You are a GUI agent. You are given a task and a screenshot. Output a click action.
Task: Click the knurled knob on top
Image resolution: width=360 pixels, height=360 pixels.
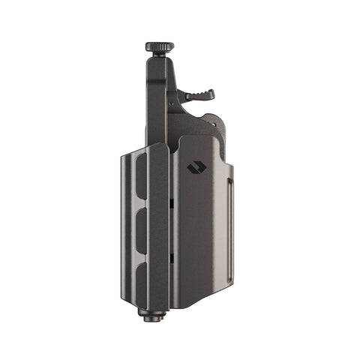(x=159, y=46)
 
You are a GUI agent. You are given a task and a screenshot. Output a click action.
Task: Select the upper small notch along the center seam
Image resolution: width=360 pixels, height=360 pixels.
(x=172, y=202)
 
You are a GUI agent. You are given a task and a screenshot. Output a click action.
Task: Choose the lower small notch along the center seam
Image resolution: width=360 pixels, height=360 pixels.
(x=172, y=258)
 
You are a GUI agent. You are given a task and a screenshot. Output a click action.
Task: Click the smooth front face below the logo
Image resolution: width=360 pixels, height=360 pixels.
(x=199, y=240)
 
